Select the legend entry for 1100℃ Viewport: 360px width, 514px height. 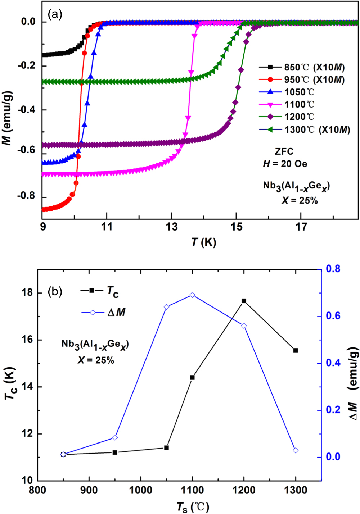299,104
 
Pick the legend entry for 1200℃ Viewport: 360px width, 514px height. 299,117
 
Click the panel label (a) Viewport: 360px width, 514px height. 55,14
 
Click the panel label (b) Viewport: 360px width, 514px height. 55,291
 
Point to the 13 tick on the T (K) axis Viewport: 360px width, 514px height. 171,227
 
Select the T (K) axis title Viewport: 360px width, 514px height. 203,242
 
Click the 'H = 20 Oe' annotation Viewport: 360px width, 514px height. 285,164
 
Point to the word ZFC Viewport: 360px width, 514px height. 284,151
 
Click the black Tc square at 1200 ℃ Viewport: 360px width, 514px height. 244,301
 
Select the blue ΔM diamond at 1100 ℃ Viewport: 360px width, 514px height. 192,295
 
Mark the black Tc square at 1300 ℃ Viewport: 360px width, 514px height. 296,350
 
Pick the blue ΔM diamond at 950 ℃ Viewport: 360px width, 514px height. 115,437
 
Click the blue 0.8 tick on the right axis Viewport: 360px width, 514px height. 333,269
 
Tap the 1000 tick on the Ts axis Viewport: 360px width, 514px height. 141,490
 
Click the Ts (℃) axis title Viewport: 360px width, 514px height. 193,507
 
